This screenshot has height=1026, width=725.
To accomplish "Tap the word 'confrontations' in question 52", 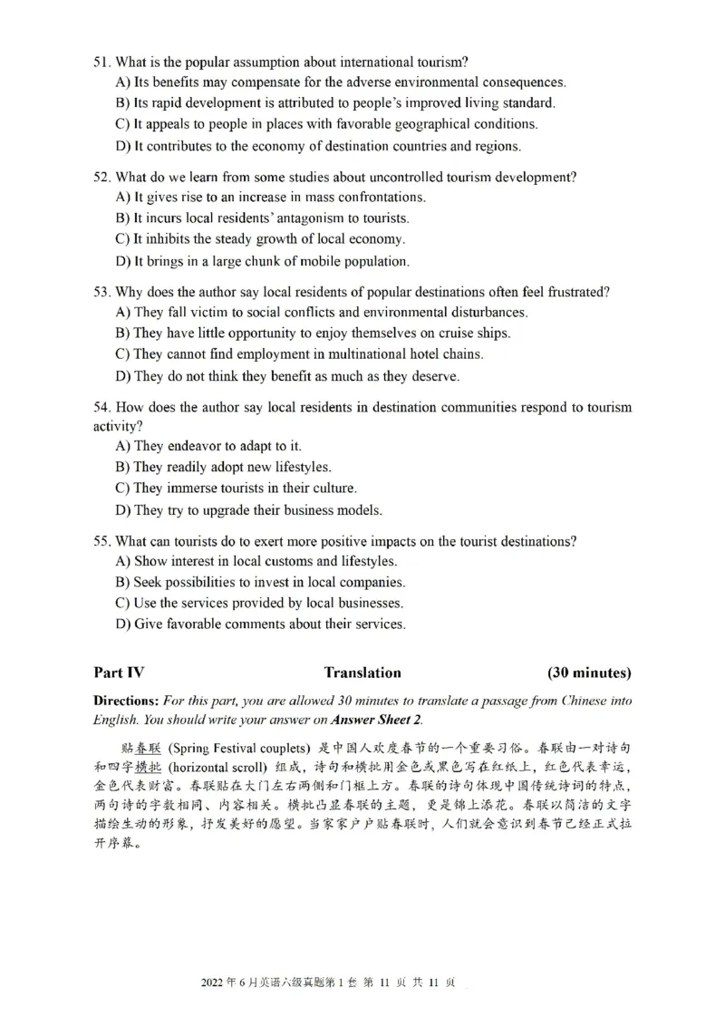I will (x=382, y=197).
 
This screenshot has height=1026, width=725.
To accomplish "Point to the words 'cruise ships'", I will (x=472, y=334).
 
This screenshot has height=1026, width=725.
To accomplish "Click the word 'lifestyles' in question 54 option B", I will (x=301, y=468).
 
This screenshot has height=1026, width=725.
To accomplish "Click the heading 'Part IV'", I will (x=119, y=673).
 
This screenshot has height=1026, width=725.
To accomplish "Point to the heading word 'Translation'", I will (x=362, y=673).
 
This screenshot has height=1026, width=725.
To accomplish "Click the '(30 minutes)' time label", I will (x=589, y=673).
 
